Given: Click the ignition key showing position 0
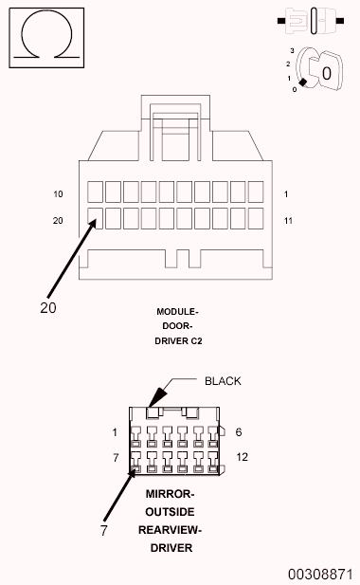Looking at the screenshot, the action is [321, 69].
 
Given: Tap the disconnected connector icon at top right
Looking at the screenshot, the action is [311, 21].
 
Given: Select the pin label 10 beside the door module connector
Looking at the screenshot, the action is [58, 194].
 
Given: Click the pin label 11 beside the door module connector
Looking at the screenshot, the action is [288, 221].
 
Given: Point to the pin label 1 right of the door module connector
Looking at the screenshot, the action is [286, 194].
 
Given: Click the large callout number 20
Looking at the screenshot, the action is [48, 308].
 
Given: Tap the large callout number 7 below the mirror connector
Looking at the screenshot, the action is [104, 530].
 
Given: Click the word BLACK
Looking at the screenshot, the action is [223, 381].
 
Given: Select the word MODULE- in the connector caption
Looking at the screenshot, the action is [177, 312].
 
